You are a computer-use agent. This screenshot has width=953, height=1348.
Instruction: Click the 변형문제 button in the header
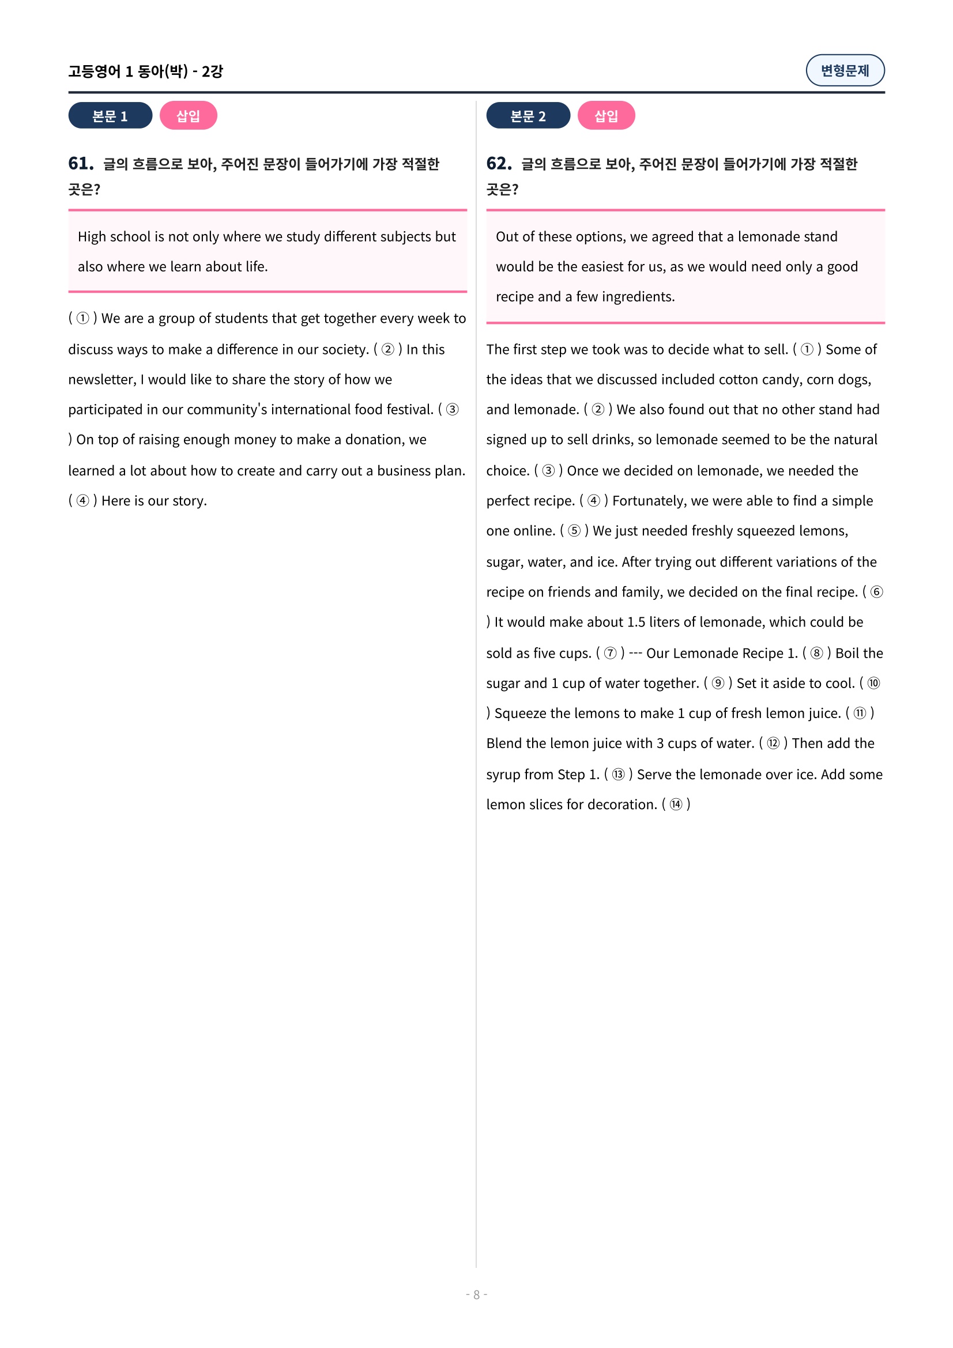click(x=845, y=70)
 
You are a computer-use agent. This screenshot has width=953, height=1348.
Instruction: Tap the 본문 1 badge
click(x=110, y=116)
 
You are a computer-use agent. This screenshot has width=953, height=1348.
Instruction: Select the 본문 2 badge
click(x=528, y=116)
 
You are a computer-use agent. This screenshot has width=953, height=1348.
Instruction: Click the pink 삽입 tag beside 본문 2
click(x=606, y=116)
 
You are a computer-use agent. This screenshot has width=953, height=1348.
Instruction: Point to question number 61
click(x=81, y=163)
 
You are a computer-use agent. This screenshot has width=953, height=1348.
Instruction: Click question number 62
click(x=499, y=163)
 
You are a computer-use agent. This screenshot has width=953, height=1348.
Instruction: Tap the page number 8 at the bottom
click(x=476, y=1294)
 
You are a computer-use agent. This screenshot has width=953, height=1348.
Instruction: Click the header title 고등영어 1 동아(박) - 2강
click(x=145, y=71)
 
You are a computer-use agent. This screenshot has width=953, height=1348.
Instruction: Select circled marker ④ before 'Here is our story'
click(x=83, y=501)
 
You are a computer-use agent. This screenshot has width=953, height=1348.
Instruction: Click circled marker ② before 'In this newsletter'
click(x=387, y=350)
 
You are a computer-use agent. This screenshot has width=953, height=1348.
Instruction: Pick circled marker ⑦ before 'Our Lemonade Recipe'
click(x=610, y=654)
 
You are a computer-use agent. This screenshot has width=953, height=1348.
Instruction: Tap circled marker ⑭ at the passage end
click(x=676, y=805)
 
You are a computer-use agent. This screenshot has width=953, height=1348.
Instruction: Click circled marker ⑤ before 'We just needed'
click(x=574, y=531)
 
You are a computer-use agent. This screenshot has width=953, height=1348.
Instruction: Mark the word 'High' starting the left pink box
click(x=92, y=237)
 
